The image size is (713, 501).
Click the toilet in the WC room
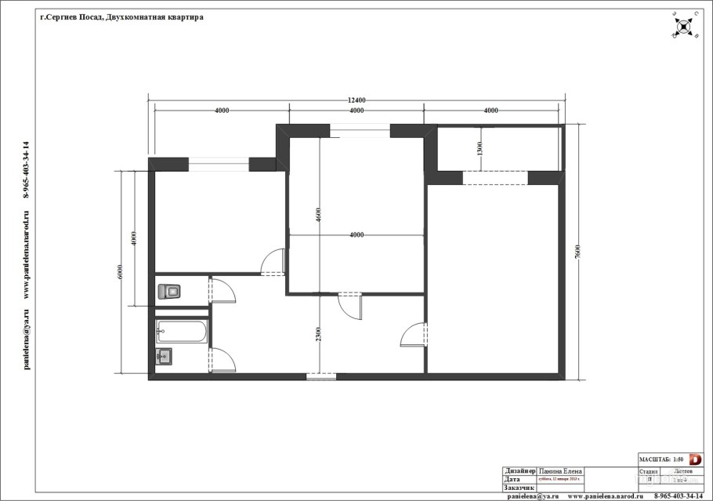[169, 292]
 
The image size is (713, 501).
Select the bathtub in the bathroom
[182, 332]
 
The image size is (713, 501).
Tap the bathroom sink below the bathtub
[165, 358]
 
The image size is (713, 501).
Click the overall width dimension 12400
[356, 100]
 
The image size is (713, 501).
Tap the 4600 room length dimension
[319, 213]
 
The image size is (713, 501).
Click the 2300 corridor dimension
[319, 336]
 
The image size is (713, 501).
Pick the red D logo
[695, 459]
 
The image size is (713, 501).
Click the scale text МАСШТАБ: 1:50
[663, 459]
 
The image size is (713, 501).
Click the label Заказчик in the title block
[519, 488]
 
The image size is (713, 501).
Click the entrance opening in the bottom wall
[320, 377]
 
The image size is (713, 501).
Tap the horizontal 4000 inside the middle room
[356, 234]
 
